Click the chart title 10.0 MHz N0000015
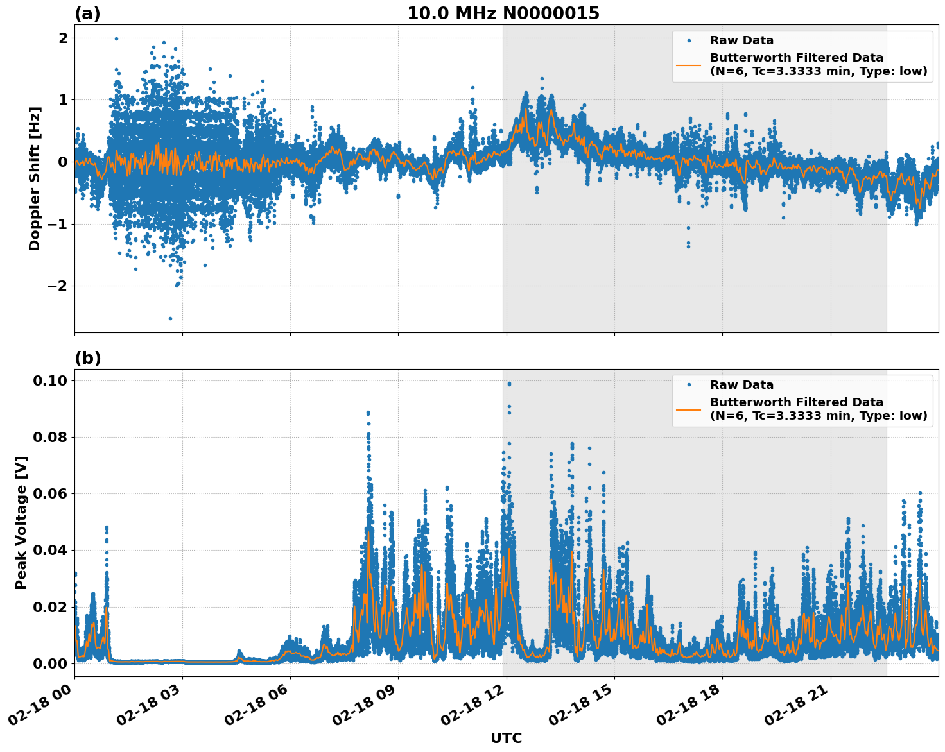503,13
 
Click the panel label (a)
87,13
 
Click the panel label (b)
87,358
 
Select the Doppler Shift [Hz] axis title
35,178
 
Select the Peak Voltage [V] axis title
21,522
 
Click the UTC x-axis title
506,738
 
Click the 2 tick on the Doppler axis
63,38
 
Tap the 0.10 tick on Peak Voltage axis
50,380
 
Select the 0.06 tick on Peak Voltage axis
50,493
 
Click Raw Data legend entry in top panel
741,40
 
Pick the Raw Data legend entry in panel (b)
741,385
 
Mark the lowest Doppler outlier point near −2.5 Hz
170,318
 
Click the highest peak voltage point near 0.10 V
509,384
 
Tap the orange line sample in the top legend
688,64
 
